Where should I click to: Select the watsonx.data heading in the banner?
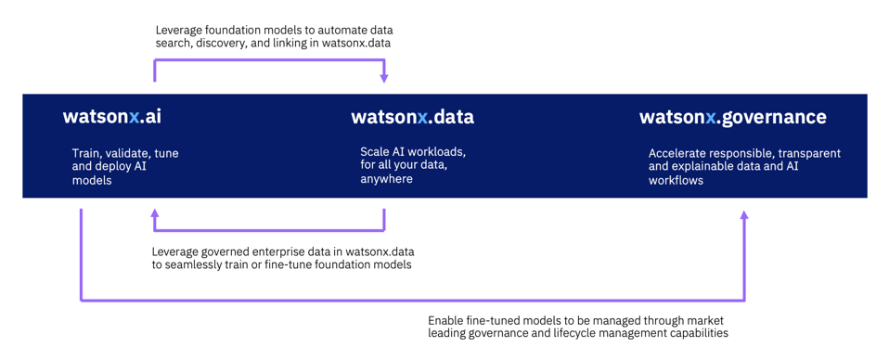pos(412,117)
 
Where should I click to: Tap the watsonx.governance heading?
pos(732,117)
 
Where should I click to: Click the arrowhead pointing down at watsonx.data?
pos(384,78)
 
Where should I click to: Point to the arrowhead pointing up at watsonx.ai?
pos(154,213)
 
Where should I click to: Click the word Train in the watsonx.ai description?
pos(84,154)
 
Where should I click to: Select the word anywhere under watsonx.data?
pos(386,179)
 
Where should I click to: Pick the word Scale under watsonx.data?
pos(372,152)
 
